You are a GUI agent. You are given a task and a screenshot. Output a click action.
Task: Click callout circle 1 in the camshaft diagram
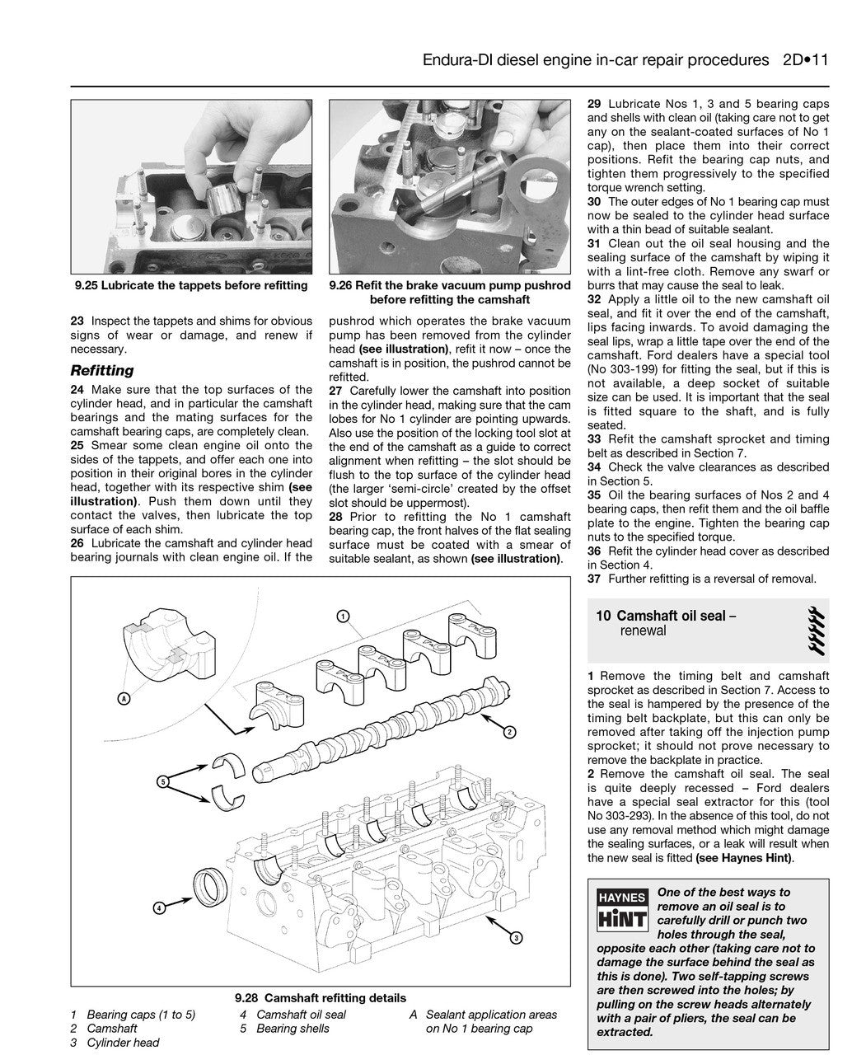tap(344, 616)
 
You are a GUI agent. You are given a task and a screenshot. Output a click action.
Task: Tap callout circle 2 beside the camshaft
tap(511, 732)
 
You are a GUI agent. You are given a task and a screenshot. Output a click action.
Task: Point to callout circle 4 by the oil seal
tap(158, 908)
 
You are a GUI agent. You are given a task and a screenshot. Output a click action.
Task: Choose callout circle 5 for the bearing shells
tap(163, 780)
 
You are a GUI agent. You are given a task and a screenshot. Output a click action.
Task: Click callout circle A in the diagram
tap(124, 699)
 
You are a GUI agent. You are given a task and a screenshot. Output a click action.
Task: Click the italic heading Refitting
tap(102, 371)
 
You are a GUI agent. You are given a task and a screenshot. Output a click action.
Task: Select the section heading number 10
tap(603, 616)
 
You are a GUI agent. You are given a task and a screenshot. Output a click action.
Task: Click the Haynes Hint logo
tap(622, 907)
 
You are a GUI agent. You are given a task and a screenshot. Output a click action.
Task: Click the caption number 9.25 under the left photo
tap(87, 286)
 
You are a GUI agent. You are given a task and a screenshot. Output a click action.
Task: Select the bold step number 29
tap(594, 105)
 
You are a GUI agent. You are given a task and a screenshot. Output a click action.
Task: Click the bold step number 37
tap(594, 579)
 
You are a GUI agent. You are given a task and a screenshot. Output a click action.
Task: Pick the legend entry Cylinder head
tap(123, 1043)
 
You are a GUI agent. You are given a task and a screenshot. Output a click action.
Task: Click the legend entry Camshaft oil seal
tap(301, 1015)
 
